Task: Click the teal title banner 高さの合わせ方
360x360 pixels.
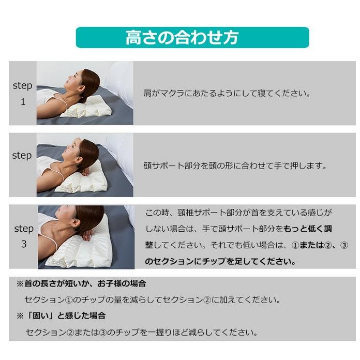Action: pyautogui.click(x=192, y=38)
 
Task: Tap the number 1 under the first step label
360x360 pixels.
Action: pyautogui.click(x=23, y=102)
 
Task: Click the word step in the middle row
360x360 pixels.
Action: pyautogui.click(x=22, y=155)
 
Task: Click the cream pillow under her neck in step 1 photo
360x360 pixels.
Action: pyautogui.click(x=91, y=107)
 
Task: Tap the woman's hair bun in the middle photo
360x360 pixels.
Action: pyautogui.click(x=89, y=153)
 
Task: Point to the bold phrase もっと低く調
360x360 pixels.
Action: pyautogui.click(x=308, y=229)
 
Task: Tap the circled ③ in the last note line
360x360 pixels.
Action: pyautogui.click(x=109, y=332)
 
